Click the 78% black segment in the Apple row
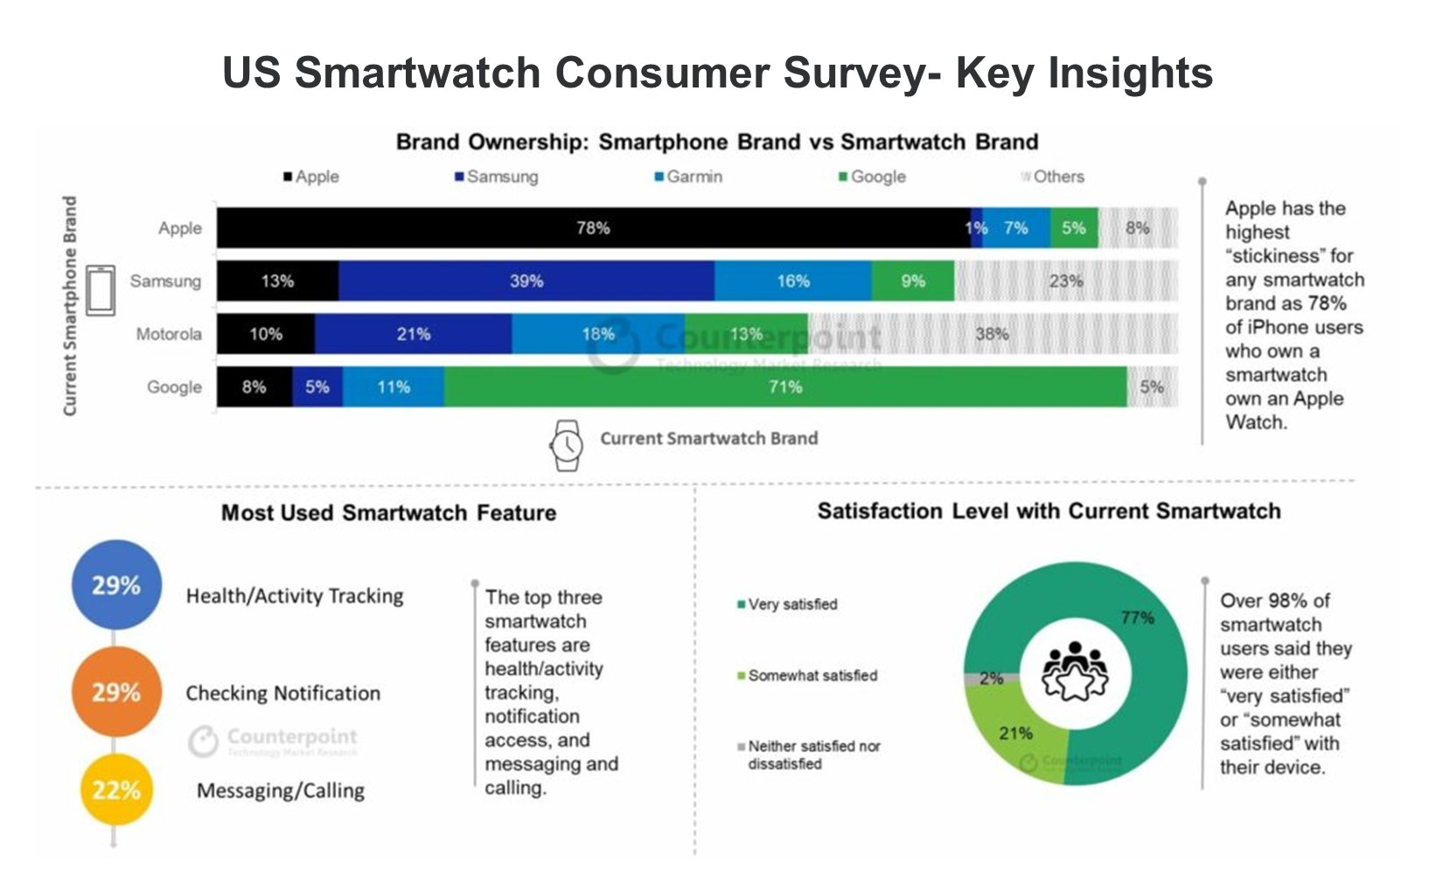coord(593,228)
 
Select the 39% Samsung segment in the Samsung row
coord(526,281)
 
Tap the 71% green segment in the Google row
coord(784,387)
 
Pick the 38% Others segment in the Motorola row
coord(992,334)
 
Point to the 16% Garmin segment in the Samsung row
coord(792,281)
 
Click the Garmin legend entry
coord(688,177)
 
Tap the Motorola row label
coord(169,334)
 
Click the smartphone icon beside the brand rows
coord(101,290)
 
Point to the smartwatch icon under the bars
coord(566,445)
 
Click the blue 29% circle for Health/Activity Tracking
coord(116,585)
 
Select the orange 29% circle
coord(116,692)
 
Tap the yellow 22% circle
coord(116,790)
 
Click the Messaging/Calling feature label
coord(280,791)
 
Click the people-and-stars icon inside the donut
coord(1075,672)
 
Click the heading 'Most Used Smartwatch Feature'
coord(388,513)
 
